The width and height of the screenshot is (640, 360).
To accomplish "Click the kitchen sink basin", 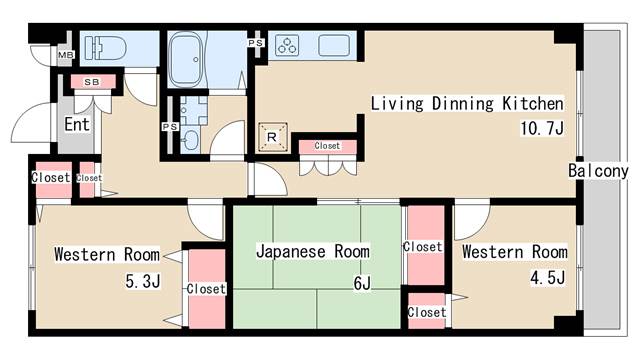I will pos(335,46).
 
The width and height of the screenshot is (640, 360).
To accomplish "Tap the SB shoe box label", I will pos(91,82).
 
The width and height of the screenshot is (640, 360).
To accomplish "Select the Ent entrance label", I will pos(77,125).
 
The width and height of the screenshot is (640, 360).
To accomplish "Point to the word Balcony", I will pos(598,171).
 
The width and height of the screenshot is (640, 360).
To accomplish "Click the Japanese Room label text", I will pos(313,252).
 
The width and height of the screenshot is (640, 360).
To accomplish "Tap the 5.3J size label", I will pos(141,281).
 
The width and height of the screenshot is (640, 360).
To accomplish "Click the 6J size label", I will pos(361,283).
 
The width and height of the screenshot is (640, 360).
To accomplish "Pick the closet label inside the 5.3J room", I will pos(207,289).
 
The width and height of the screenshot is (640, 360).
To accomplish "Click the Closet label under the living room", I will pos(327,146).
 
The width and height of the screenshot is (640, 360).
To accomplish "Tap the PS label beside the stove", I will pos(255,44).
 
